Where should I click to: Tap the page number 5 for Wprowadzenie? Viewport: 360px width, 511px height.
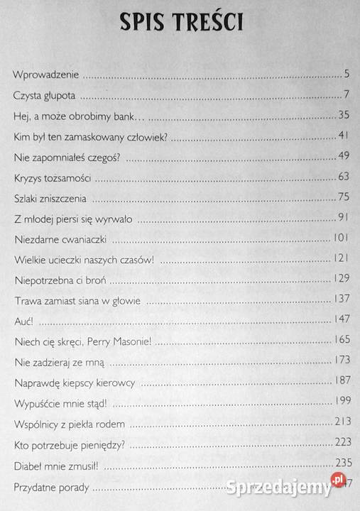pos(344,73)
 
